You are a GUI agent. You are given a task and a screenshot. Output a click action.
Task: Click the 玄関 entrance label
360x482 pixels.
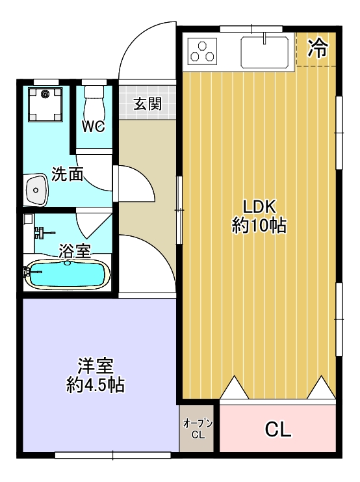pos(148,103)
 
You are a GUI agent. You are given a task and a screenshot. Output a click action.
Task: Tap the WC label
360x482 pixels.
pos(94,126)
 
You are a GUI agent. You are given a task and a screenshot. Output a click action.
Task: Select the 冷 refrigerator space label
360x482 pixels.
pos(318,49)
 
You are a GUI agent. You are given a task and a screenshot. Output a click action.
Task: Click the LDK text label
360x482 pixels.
pos(259,207)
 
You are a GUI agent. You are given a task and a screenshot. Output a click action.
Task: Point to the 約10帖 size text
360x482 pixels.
pos(259,226)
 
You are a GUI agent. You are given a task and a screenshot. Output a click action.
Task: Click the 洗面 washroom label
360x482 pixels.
pos(68,174)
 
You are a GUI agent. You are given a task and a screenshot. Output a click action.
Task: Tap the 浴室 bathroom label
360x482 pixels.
pos(75,250)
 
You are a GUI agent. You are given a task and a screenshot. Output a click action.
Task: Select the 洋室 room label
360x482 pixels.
pos(96,366)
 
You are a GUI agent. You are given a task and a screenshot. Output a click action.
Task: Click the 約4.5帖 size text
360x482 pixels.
pos(96,384)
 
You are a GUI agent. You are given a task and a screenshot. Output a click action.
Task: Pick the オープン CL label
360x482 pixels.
pos(198,429)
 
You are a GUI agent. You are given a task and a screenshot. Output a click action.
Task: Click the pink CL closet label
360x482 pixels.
pos(278,429)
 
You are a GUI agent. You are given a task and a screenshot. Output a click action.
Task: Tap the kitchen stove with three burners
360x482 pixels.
pos(202,51)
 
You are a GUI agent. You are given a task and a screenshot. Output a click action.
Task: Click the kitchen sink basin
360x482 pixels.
pos(264,52)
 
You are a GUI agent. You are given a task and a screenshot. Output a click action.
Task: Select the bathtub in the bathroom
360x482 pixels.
pos(68,274)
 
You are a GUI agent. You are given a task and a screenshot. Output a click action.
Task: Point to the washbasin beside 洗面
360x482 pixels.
pos(36,190)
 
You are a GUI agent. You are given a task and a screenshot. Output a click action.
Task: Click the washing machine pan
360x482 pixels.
pos(45,105)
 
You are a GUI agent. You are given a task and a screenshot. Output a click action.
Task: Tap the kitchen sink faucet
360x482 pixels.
pos(264,38)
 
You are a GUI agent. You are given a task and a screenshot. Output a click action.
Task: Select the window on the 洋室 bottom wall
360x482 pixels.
pos(112,455)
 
